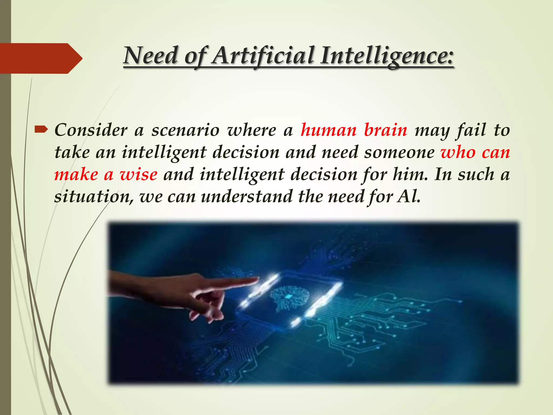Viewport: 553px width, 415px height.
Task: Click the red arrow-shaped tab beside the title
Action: [x=41, y=58]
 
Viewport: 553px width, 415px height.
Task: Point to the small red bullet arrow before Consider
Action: [x=41, y=130]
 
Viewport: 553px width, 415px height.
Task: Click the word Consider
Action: [x=91, y=130]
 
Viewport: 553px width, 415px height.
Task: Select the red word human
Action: [x=329, y=130]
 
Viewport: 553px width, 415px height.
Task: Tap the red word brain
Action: [x=385, y=130]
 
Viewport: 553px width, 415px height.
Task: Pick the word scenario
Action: [x=185, y=130]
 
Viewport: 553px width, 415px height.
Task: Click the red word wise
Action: [x=139, y=174]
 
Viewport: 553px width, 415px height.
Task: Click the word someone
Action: [x=399, y=152]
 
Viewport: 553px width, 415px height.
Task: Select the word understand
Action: [x=247, y=196]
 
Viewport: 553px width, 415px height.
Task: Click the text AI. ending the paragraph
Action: [x=409, y=196]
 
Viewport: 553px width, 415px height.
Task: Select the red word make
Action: [x=76, y=174]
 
